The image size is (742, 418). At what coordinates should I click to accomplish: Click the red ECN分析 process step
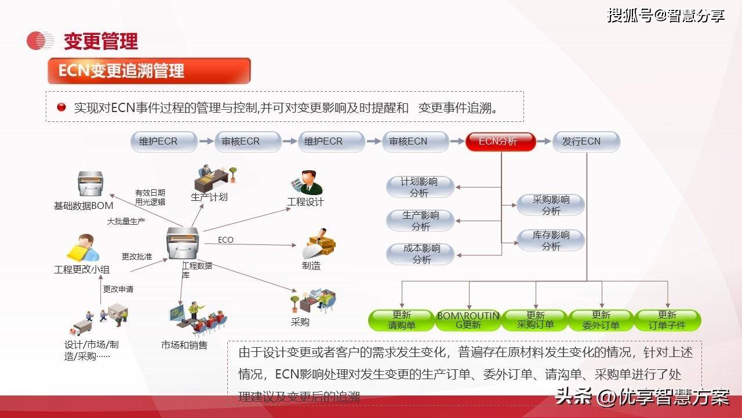(500, 142)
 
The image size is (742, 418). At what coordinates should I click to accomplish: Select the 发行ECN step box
(586, 142)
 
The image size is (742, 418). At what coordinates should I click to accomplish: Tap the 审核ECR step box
(248, 142)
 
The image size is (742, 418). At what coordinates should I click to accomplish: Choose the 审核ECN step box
(416, 142)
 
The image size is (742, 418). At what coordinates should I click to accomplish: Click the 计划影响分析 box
(420, 187)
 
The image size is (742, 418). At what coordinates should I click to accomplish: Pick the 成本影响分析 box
(421, 254)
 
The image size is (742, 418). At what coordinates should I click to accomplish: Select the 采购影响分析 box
(551, 205)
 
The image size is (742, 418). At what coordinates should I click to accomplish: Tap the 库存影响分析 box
(551, 240)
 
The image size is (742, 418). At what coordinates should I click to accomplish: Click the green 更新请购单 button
(402, 320)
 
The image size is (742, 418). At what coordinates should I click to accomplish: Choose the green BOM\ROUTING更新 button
(468, 320)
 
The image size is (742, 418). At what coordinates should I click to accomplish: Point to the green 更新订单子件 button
(668, 320)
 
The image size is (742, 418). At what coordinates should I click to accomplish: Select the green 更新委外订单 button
(601, 320)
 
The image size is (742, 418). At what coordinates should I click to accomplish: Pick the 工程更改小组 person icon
(83, 248)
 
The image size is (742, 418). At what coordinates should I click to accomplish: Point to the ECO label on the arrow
(225, 240)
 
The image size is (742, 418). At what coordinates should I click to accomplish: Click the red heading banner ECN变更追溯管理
(149, 71)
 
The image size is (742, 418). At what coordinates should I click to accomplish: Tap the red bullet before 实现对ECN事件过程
(61, 107)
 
